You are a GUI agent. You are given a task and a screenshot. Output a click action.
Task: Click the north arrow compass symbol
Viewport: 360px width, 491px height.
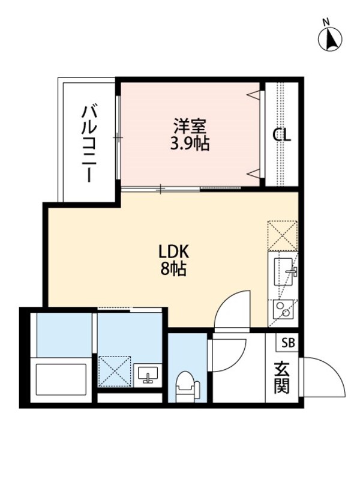point(329,37)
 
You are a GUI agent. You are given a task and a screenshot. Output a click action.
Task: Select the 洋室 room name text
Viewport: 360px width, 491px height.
point(190,127)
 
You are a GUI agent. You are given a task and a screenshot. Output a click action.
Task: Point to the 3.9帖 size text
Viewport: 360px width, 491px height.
point(190,145)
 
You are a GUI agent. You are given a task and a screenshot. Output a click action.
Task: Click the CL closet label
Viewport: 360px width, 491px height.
point(281,136)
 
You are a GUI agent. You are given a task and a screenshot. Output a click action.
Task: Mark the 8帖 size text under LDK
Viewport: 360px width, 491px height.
point(173,270)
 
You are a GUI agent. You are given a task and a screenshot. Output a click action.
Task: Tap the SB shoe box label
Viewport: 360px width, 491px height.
point(288,343)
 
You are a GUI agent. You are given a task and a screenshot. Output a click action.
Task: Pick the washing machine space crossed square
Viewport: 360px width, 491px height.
point(115,372)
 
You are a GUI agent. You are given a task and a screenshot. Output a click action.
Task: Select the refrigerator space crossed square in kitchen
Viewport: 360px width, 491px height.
point(282,235)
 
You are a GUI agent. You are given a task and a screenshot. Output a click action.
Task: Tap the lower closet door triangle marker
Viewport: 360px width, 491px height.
point(254,173)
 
